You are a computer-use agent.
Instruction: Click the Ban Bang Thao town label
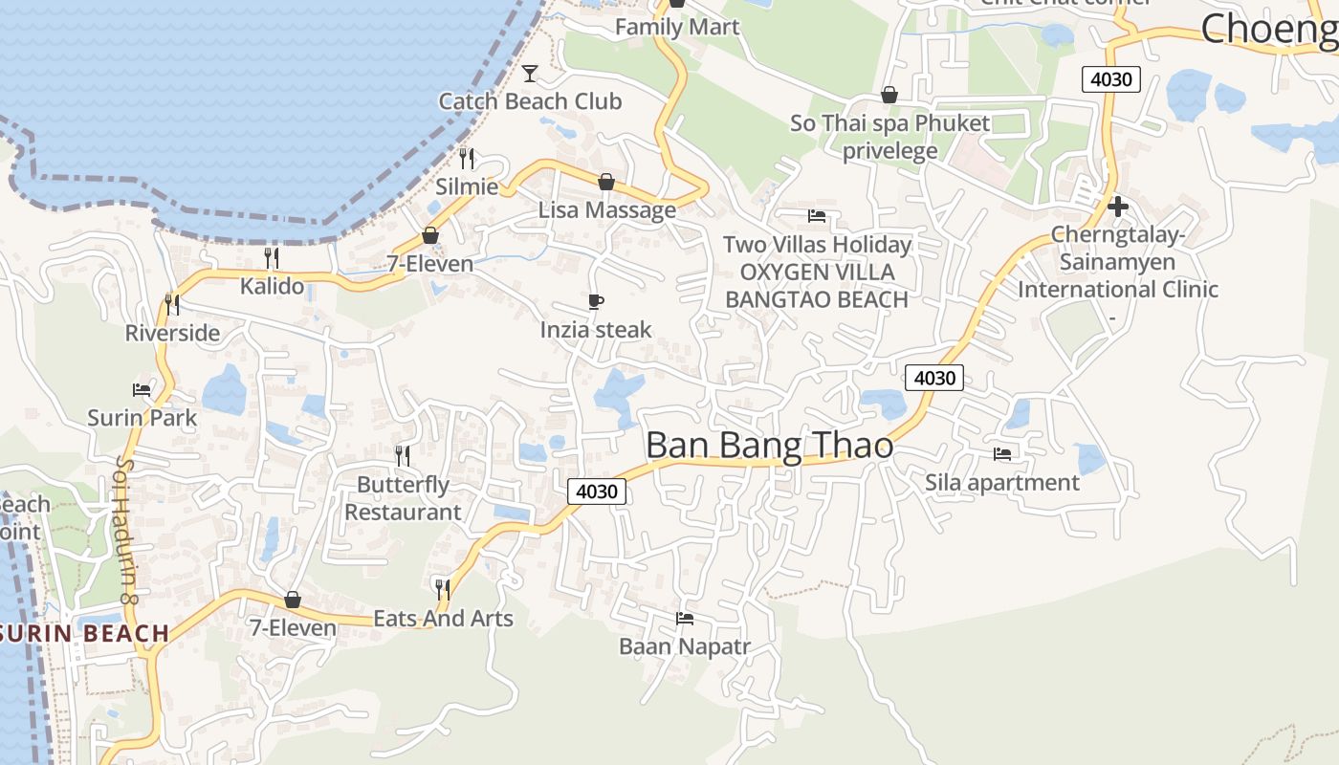click(x=769, y=446)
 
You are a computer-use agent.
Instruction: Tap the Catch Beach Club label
click(x=530, y=101)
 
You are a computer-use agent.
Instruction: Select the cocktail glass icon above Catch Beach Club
click(x=530, y=74)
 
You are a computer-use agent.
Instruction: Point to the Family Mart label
click(x=677, y=27)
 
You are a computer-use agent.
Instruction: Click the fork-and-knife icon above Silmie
click(x=467, y=159)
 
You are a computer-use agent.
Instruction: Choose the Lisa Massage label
click(x=606, y=209)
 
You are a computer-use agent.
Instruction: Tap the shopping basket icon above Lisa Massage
click(x=605, y=182)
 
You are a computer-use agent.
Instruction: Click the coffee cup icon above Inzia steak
click(x=596, y=302)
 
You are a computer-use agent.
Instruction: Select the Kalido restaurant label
click(x=272, y=286)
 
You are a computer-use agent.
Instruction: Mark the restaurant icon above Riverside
click(x=172, y=305)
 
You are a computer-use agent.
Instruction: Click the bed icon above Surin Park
click(x=142, y=390)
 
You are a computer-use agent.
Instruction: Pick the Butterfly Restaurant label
click(x=403, y=498)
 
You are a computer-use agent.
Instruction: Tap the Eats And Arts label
click(x=443, y=619)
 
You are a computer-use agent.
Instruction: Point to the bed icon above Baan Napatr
click(x=685, y=619)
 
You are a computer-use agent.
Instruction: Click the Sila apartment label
click(x=1001, y=482)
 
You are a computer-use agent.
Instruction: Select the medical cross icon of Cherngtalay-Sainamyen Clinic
click(x=1117, y=207)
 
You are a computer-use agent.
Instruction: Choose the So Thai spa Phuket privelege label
click(x=889, y=137)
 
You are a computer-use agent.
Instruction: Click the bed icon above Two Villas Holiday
click(x=817, y=216)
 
